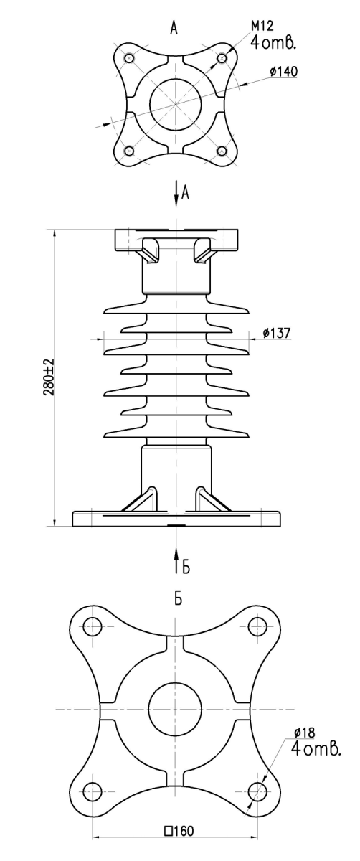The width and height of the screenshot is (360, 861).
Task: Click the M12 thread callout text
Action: click(262, 26)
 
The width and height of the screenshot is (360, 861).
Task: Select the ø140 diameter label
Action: click(283, 72)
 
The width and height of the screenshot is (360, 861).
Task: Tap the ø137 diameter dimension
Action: click(277, 333)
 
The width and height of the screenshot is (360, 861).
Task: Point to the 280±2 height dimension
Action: click(49, 377)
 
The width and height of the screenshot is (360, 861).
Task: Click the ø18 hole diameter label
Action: click(304, 733)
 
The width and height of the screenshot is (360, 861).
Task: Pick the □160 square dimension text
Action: click(179, 842)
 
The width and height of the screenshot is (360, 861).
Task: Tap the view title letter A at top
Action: click(174, 28)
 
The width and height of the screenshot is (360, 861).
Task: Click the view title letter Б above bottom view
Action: click(178, 599)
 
